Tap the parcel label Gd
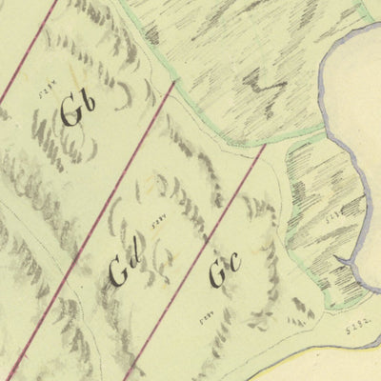[125, 270]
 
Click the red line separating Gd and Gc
[200, 248]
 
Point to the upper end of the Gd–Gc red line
[264, 147]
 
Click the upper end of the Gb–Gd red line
[174, 84]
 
